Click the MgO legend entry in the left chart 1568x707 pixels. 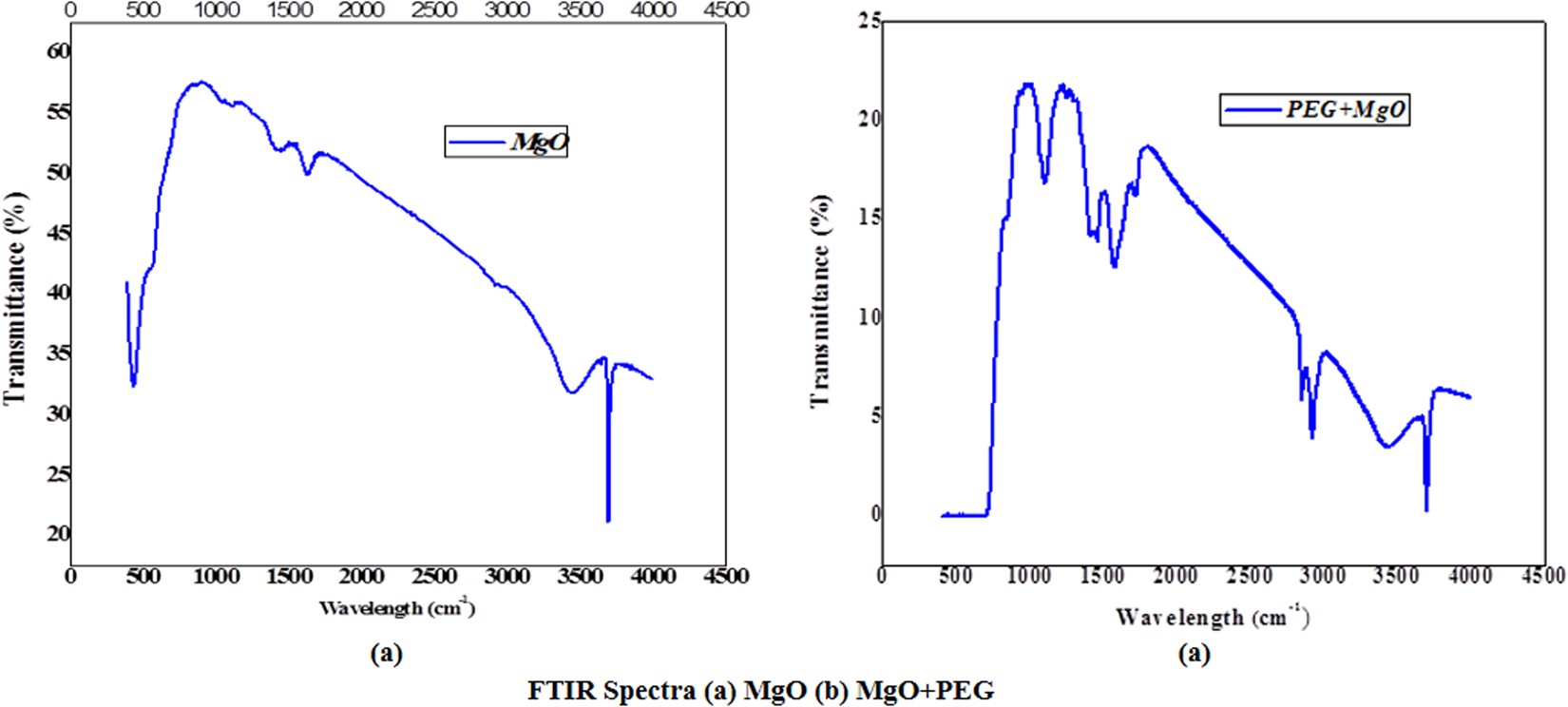(507, 142)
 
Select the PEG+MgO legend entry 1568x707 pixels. (1314, 109)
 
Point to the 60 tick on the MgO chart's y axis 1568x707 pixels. (58, 50)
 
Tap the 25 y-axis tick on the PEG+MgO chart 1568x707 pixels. (869, 20)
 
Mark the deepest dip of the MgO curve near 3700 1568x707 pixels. (608, 520)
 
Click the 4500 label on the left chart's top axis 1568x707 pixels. (726, 10)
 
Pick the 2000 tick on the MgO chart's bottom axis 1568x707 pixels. (362, 576)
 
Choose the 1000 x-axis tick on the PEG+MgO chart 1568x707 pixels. (1029, 576)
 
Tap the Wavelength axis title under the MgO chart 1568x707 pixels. (396, 607)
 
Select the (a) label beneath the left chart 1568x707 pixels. (385, 654)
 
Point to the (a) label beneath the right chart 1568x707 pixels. (1194, 654)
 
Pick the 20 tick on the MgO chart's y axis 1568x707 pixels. (58, 533)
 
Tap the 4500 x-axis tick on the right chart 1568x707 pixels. (1542, 576)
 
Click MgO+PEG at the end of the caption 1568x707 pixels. (925, 690)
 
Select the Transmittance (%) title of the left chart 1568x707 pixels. (15, 297)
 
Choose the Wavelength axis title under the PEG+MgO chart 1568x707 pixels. (1212, 618)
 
